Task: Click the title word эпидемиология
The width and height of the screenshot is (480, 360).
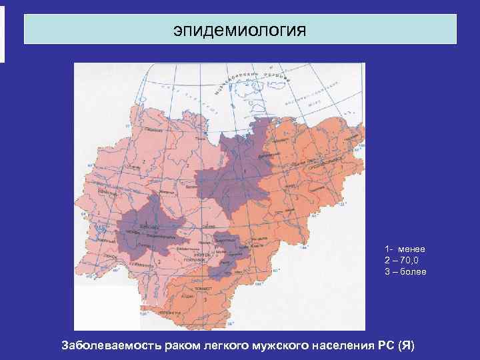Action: [239, 30]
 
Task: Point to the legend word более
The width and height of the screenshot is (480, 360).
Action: [413, 271]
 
